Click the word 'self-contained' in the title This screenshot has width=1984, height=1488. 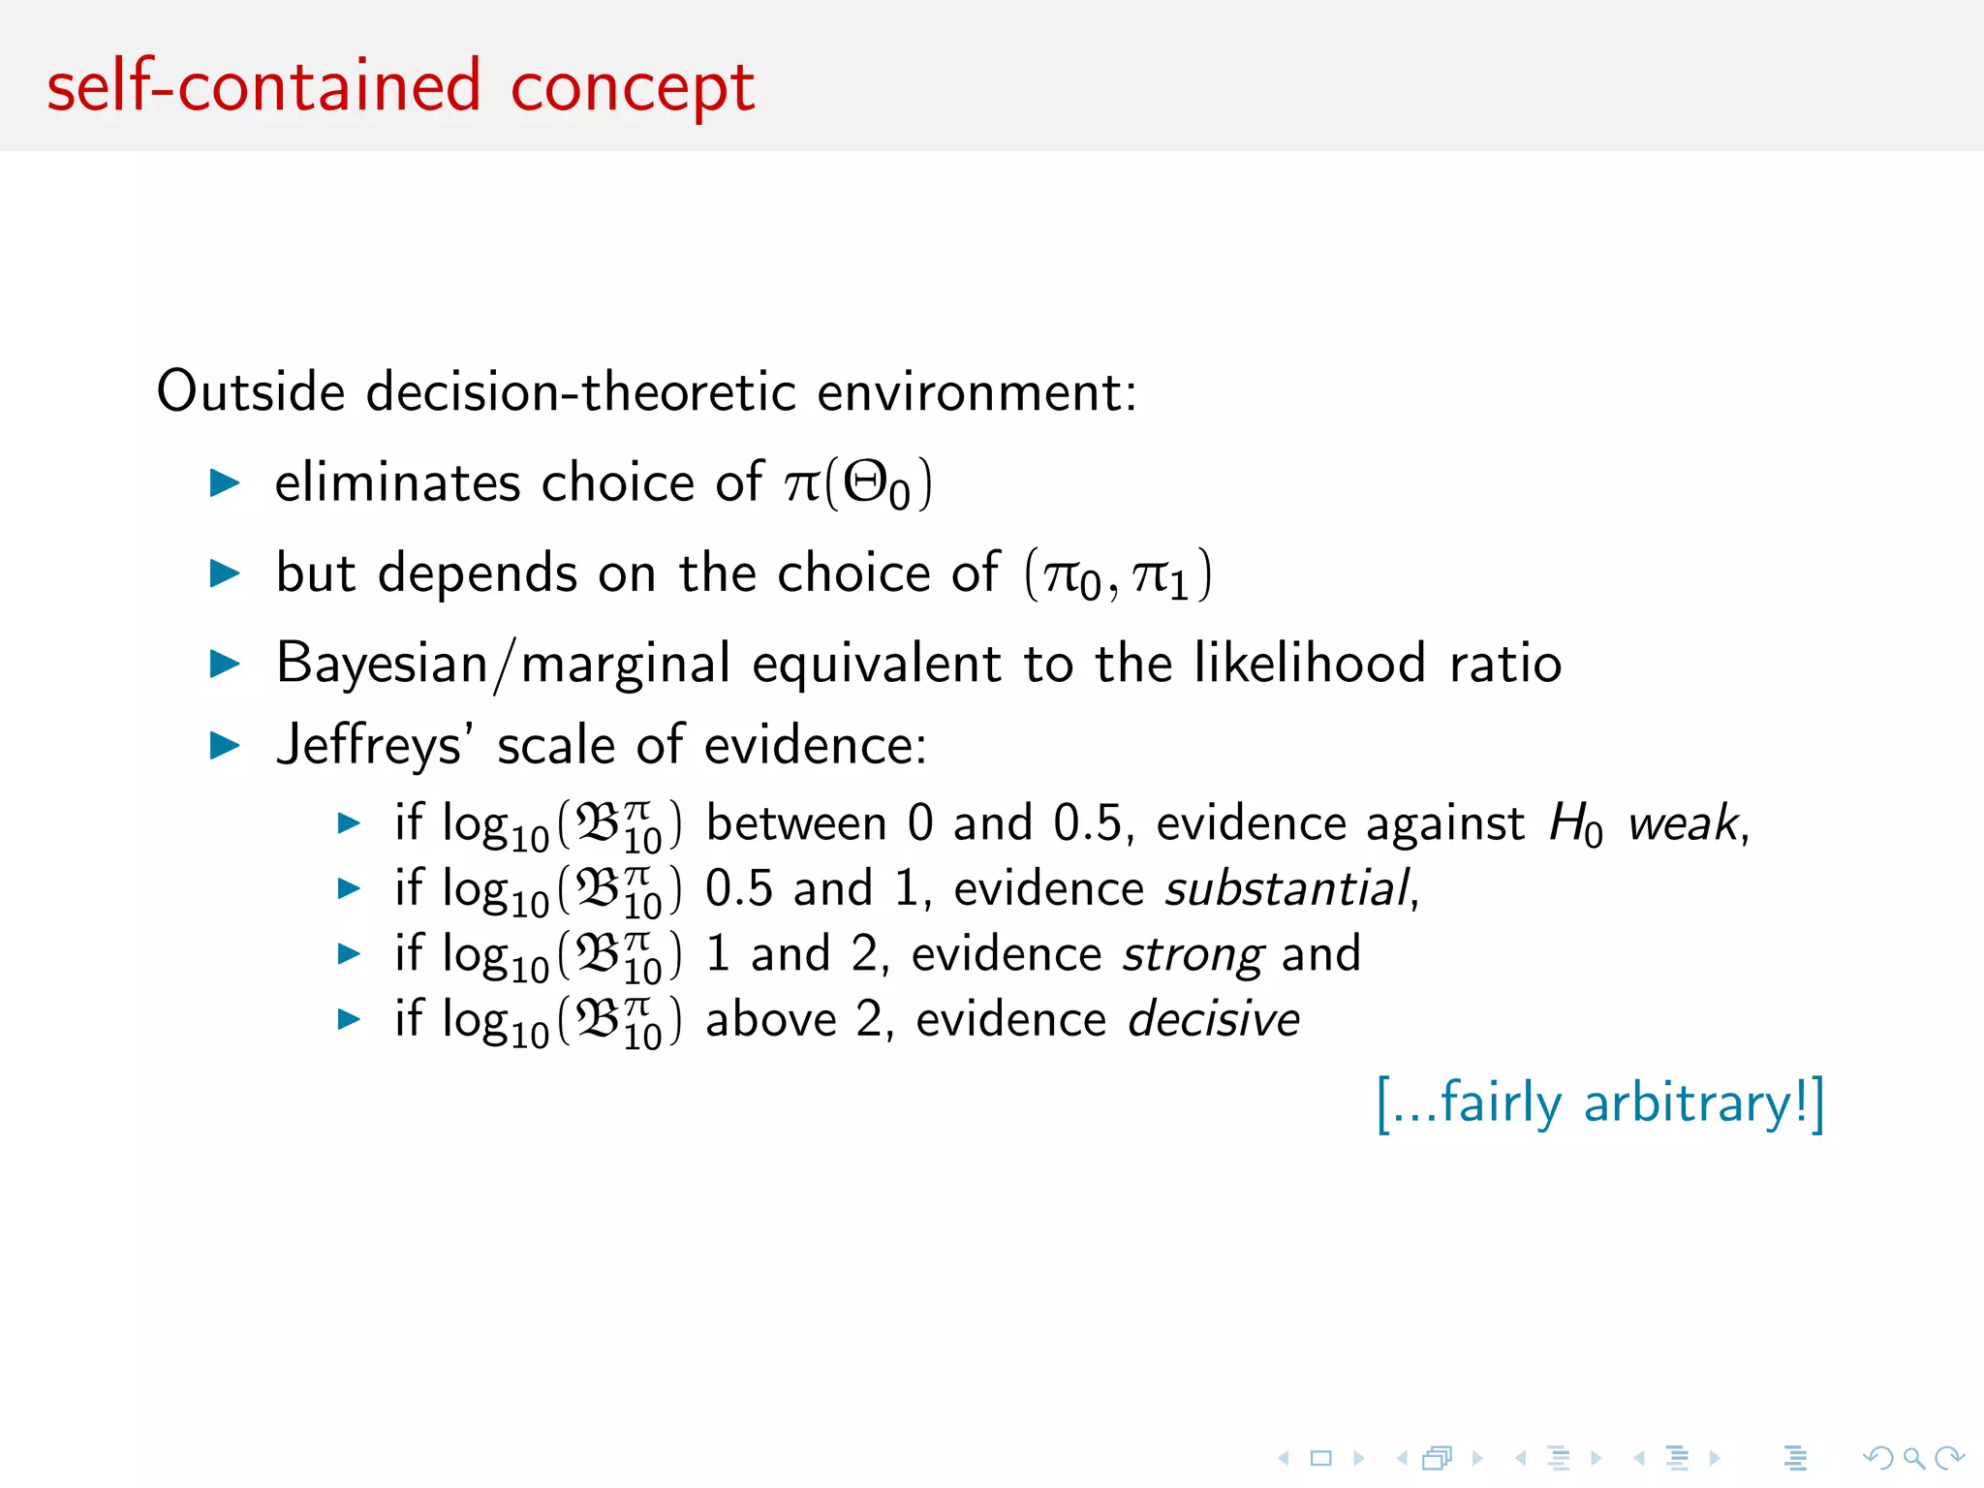(x=263, y=87)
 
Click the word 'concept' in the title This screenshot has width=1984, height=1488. (x=632, y=89)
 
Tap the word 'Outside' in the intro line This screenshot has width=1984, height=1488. (x=251, y=391)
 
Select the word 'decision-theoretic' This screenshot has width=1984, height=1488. (x=580, y=391)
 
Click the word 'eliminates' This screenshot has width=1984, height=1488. (x=397, y=482)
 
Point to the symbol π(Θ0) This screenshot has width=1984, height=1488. (x=857, y=483)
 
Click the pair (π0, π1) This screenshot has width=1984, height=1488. (x=1118, y=574)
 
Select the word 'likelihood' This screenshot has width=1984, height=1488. (x=1310, y=664)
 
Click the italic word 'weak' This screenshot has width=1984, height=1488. (x=1684, y=824)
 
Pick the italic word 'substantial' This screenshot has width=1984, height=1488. (x=1286, y=889)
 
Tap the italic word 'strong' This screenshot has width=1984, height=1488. (x=1193, y=955)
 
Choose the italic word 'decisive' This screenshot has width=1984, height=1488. (x=1214, y=1020)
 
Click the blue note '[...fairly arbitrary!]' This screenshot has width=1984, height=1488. (x=1600, y=1103)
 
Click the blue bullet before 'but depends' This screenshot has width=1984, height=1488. (x=225, y=573)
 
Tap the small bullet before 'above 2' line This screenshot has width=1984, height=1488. (x=349, y=1018)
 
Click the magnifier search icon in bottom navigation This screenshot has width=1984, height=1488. (x=1913, y=1457)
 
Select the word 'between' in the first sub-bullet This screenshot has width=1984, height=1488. (x=795, y=824)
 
